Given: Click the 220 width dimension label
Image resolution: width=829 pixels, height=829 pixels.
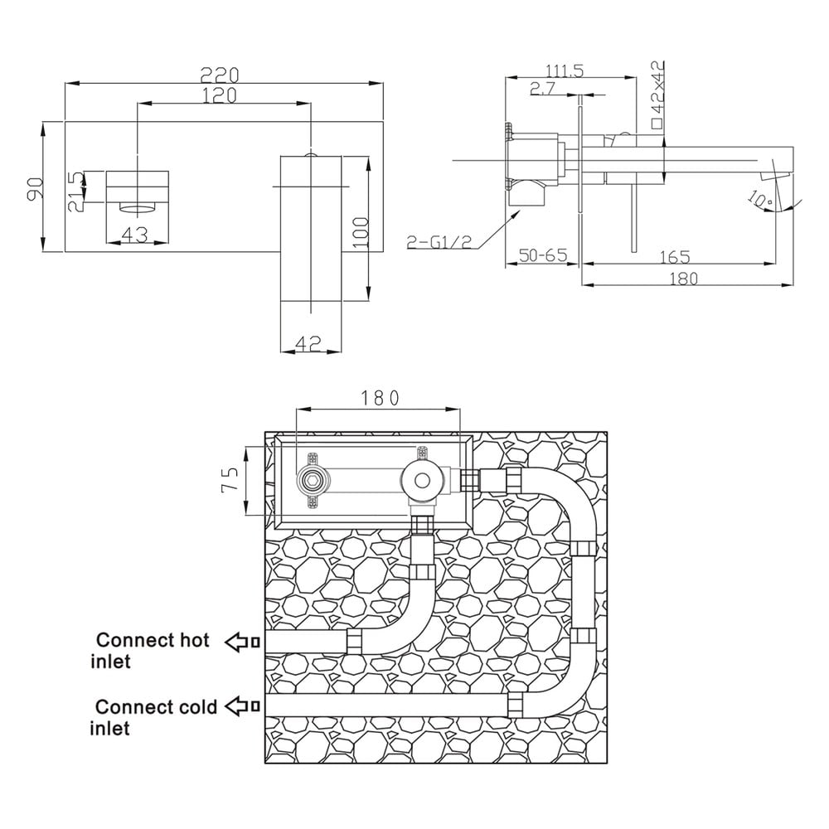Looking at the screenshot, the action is tap(220, 75).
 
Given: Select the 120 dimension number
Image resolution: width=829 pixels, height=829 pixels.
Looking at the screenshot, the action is tap(219, 95).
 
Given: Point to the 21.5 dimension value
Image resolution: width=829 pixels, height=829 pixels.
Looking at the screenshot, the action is tap(75, 191).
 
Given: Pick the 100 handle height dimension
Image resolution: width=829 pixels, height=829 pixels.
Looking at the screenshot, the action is tap(360, 233).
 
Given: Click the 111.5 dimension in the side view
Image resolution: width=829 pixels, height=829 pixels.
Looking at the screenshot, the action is tap(564, 70).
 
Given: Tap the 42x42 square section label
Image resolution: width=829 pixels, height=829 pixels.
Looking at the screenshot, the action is tap(657, 95).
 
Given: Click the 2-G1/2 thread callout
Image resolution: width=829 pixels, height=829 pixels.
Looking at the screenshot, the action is tap(439, 241).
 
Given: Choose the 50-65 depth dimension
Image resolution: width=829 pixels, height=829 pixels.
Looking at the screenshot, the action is tap(543, 255).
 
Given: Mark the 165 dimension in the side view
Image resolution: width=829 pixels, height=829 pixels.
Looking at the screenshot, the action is tap(675, 257).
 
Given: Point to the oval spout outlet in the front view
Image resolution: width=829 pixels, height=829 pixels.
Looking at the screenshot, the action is tap(138, 207).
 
